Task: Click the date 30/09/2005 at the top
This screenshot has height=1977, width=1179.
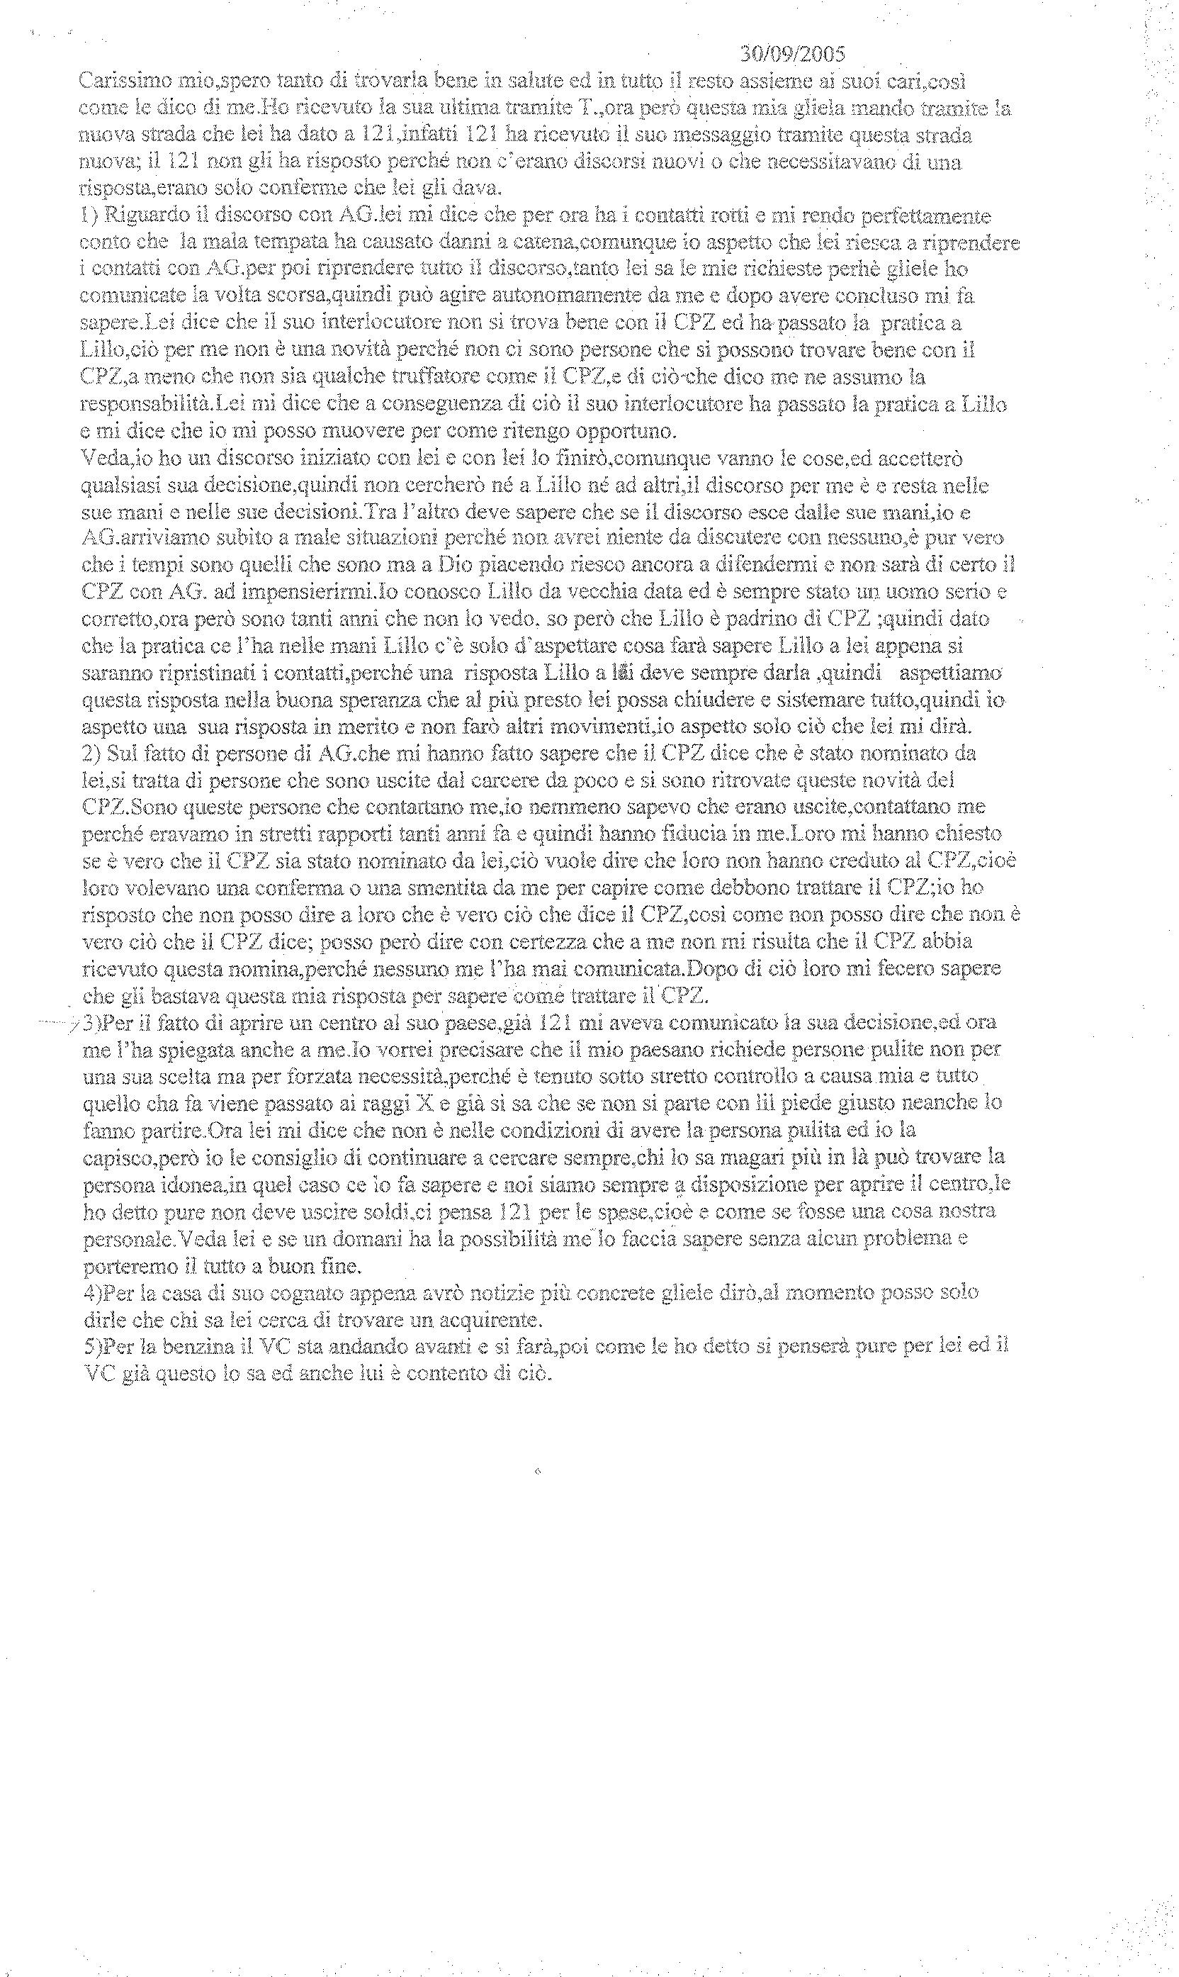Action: point(792,54)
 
